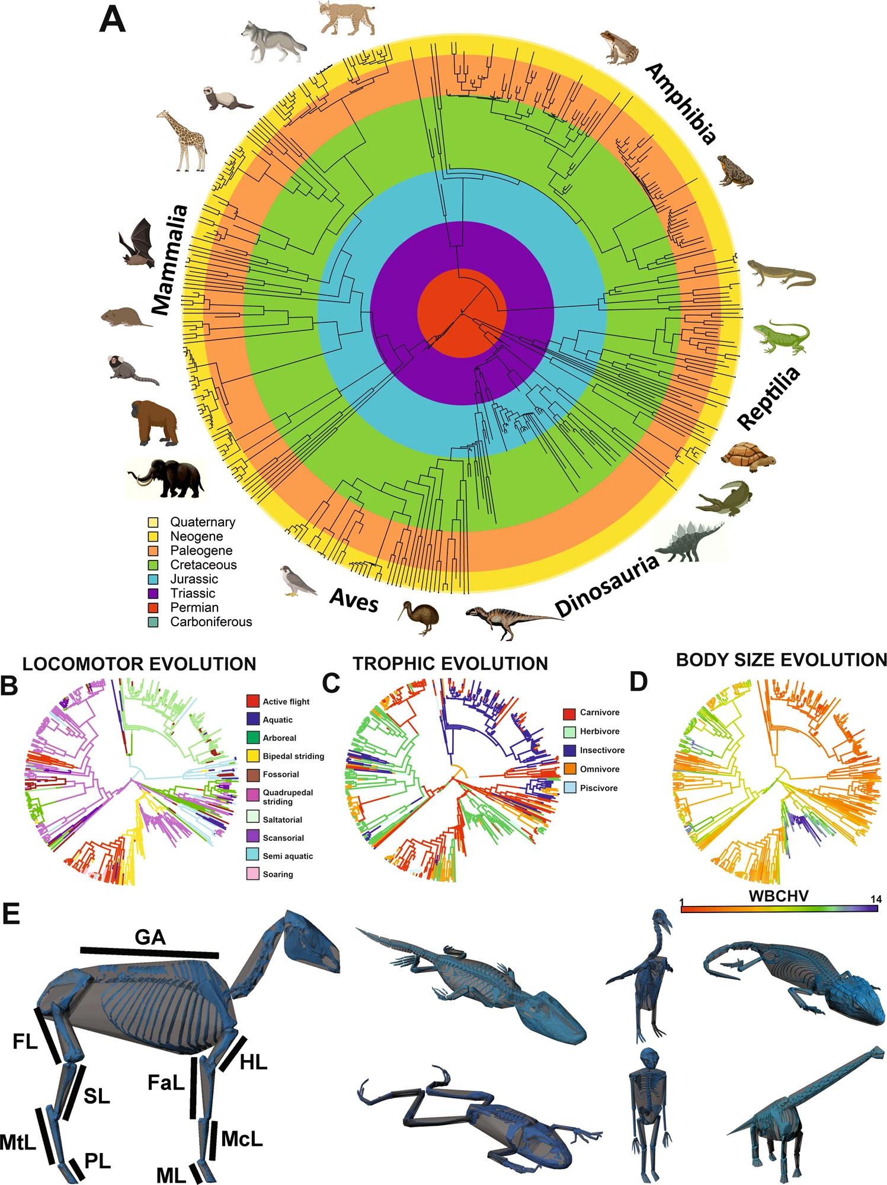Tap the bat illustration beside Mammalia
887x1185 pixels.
(x=137, y=244)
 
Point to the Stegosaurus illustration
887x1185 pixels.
(x=691, y=543)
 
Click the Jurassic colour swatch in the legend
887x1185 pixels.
(x=153, y=579)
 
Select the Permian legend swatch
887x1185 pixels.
(x=153, y=607)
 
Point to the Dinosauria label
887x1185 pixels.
(x=607, y=584)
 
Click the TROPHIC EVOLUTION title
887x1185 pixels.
(x=450, y=664)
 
